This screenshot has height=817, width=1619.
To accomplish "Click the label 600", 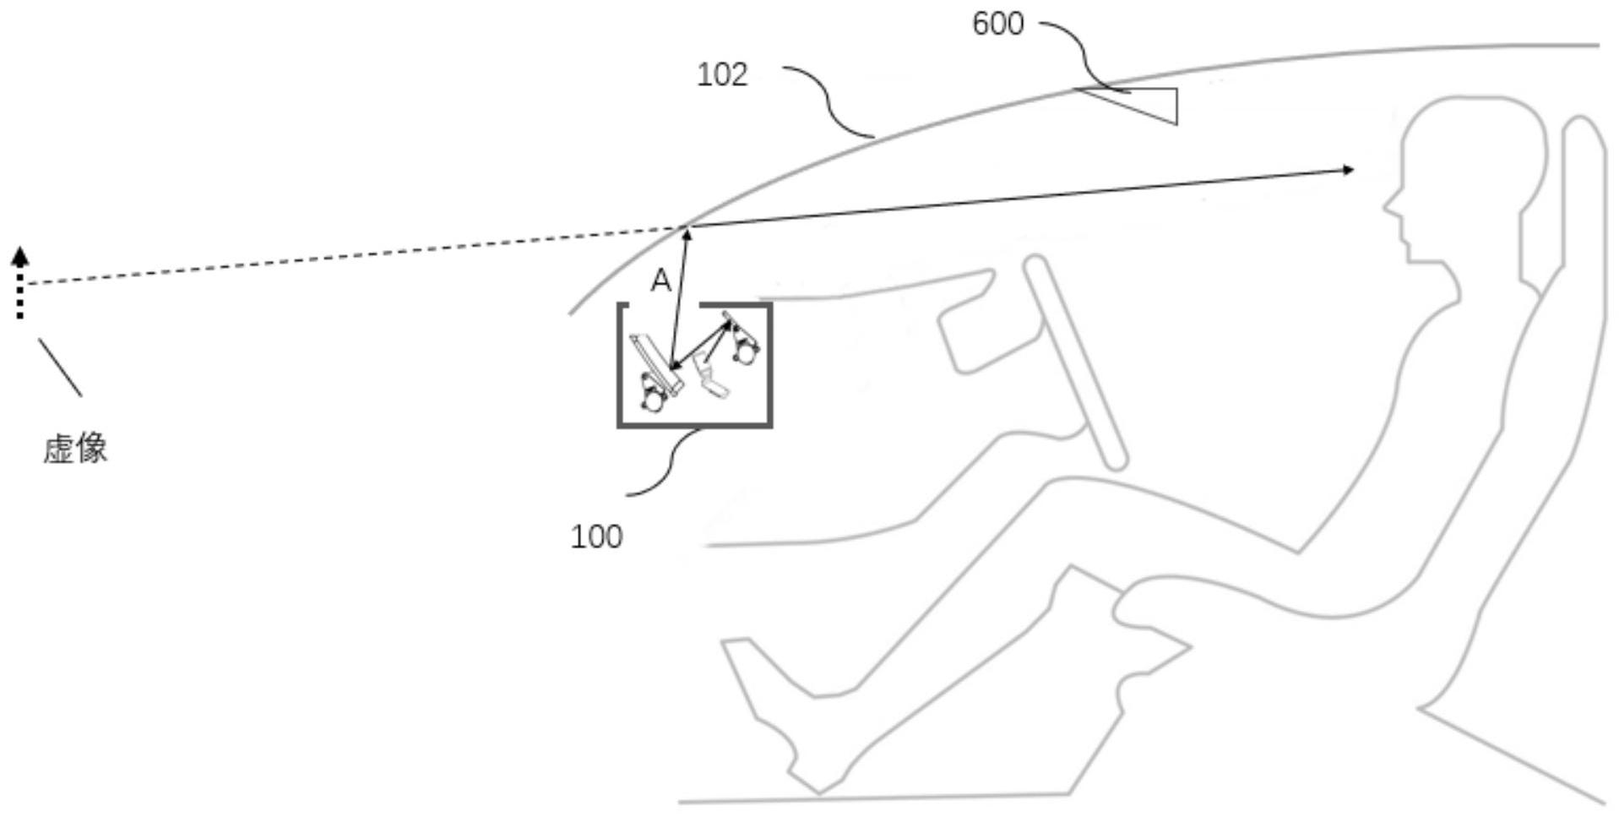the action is point(997,24).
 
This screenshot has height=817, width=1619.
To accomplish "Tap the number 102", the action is point(722,74).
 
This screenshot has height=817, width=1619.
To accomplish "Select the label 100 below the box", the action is point(596,536).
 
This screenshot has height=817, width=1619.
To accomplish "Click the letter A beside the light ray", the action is point(660,281).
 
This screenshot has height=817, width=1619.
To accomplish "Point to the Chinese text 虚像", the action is point(75,448).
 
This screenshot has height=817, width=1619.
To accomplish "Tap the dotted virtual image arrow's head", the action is point(21,256).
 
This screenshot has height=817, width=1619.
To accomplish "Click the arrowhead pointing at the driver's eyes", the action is point(1348,170).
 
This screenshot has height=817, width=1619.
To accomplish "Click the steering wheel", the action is point(1075,362).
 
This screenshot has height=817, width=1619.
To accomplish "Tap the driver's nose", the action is point(1389,204).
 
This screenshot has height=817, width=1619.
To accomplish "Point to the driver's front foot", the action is point(760,676).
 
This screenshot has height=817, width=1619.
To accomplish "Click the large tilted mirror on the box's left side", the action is point(656,364).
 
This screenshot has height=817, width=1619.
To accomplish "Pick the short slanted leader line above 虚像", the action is point(60,368).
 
